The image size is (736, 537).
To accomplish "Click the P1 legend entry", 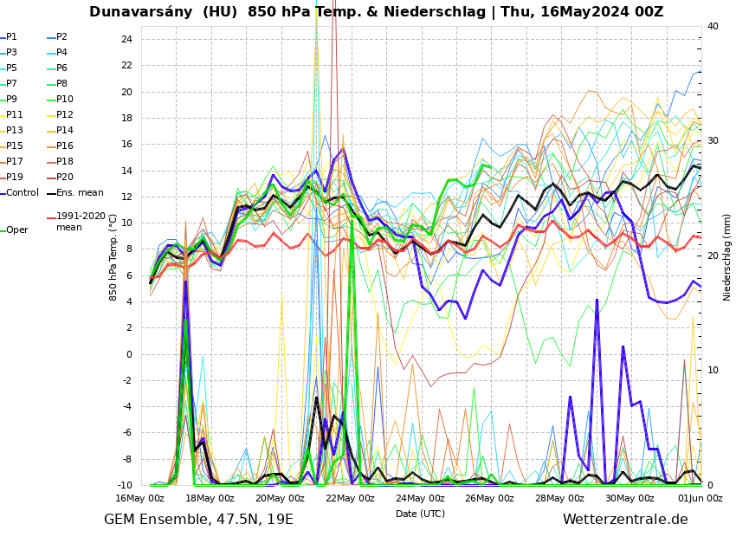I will click(11, 37).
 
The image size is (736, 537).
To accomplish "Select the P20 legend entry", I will click(64, 178).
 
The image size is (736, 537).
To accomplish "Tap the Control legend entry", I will click(22, 193).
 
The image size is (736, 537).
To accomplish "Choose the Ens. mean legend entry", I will click(79, 193).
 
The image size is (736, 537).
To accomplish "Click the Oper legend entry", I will click(16, 230).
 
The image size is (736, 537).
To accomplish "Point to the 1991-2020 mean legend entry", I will click(80, 222).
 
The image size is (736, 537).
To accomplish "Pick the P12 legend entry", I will click(64, 115).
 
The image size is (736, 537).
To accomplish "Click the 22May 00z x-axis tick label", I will click(350, 498).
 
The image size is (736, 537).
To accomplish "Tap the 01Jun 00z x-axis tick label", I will click(700, 498).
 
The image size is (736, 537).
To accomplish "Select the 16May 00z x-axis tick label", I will click(140, 498).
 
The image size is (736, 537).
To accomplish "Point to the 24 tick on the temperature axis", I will click(126, 39).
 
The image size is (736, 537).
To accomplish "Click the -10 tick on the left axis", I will click(124, 485).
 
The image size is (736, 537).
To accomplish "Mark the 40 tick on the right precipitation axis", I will click(713, 26).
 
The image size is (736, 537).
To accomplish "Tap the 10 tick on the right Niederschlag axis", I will click(713, 371).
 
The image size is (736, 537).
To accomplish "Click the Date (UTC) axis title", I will click(420, 514).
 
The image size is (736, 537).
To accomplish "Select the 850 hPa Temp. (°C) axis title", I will click(113, 257).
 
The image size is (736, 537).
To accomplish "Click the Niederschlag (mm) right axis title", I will click(727, 257).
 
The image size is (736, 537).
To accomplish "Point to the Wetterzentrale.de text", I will click(624, 520).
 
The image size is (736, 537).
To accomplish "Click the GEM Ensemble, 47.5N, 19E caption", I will click(198, 520).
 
